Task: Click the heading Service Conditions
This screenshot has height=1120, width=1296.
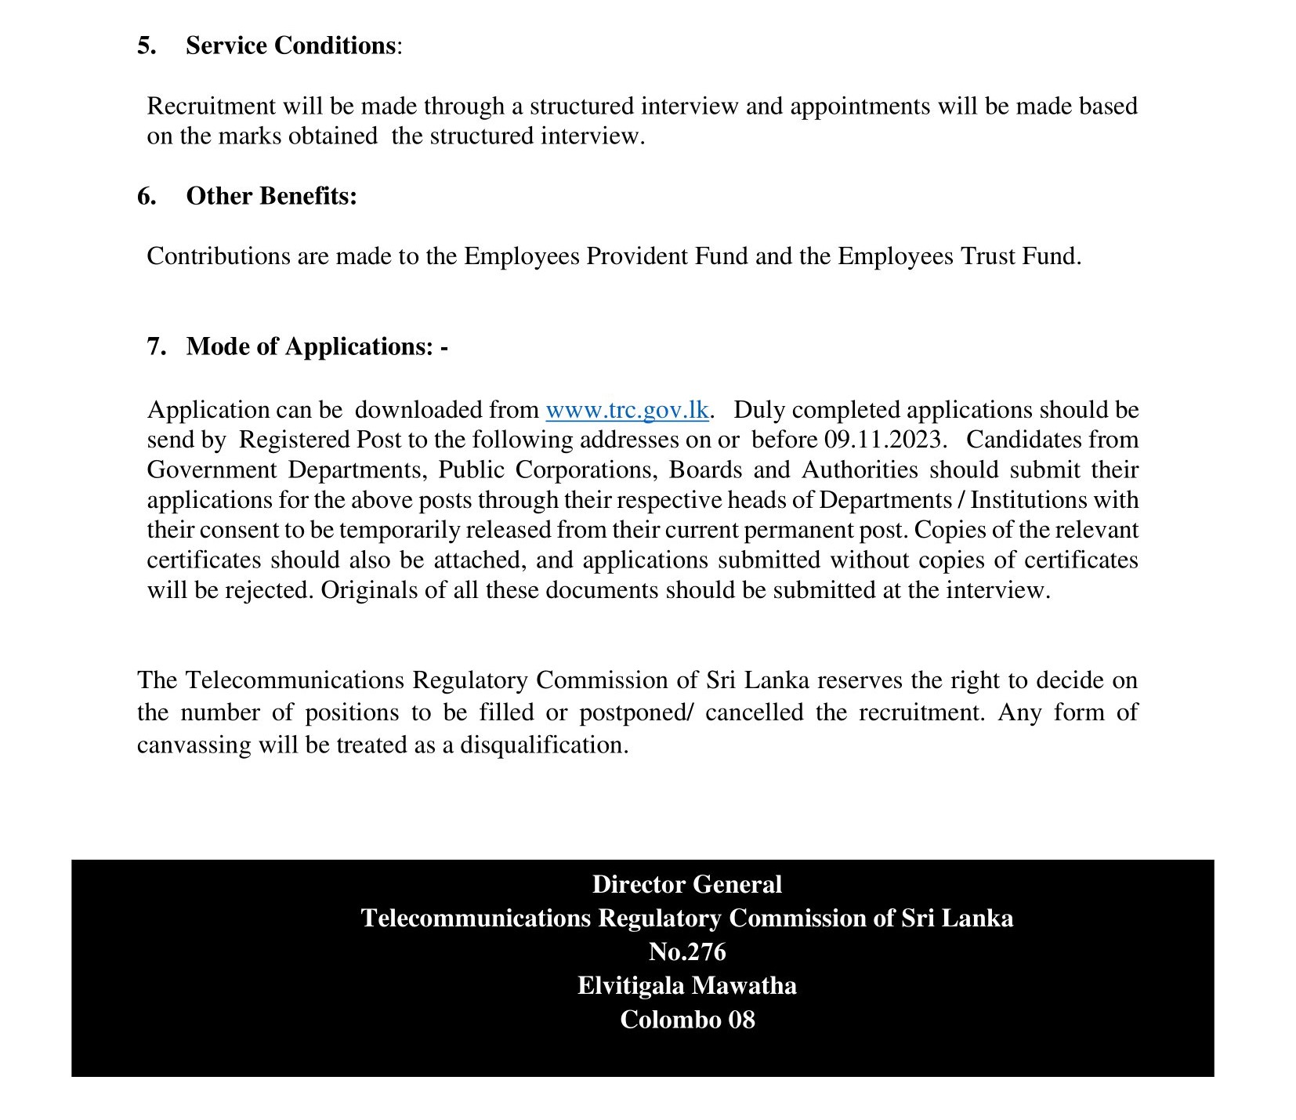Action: pyautogui.click(x=290, y=45)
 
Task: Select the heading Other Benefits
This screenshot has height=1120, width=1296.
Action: pyautogui.click(x=271, y=196)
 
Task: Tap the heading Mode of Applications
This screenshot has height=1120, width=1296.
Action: pyautogui.click(x=310, y=346)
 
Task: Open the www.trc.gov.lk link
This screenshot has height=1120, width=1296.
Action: pyautogui.click(x=627, y=410)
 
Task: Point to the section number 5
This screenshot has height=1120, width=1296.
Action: pyautogui.click(x=147, y=45)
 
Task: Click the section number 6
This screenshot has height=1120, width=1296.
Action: pyautogui.click(x=147, y=196)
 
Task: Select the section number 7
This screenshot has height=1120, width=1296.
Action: pyautogui.click(x=157, y=346)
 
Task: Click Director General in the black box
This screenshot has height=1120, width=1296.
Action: pyautogui.click(x=686, y=884)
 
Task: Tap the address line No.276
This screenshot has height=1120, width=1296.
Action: pyautogui.click(x=686, y=951)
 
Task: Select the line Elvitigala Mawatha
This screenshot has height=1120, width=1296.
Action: pyautogui.click(x=686, y=985)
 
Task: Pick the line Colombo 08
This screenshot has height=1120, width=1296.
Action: pyautogui.click(x=686, y=1019)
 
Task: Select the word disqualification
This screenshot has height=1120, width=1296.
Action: pyautogui.click(x=544, y=745)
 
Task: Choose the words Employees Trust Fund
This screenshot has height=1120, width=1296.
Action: pyautogui.click(x=958, y=256)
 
